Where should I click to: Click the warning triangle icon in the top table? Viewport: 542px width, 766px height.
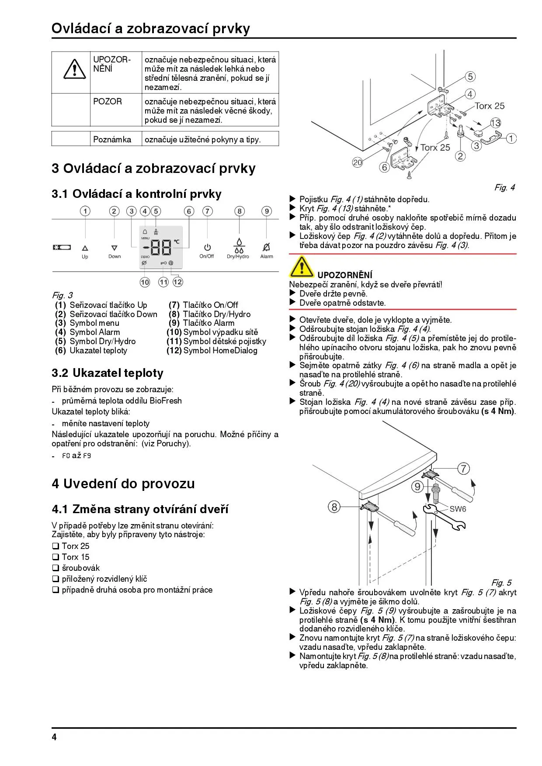75,69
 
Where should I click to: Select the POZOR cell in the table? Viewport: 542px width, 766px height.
108,102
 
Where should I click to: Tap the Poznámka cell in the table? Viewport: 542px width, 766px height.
112,140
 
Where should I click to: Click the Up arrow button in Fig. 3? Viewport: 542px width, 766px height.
85,248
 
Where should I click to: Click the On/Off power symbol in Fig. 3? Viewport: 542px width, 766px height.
207,248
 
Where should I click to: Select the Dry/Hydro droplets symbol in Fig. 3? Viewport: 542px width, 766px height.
239,246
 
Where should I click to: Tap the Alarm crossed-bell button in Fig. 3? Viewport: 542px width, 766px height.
266,247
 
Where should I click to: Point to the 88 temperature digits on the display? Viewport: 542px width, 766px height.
161,248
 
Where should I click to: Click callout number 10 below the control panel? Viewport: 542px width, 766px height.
145,282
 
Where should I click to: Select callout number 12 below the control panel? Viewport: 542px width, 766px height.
177,282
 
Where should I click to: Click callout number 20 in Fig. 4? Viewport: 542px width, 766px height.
358,162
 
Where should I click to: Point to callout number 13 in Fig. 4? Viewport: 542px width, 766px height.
495,123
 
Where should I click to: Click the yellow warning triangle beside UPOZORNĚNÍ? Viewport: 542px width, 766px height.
301,267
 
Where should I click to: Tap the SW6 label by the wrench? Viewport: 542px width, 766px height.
458,509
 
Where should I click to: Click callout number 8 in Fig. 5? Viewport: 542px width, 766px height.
334,507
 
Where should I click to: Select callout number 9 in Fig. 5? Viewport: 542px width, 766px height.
418,486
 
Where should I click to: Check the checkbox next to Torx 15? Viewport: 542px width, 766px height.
56,557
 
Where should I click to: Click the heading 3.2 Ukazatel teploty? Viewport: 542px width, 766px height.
108,373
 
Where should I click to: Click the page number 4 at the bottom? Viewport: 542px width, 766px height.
54,738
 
